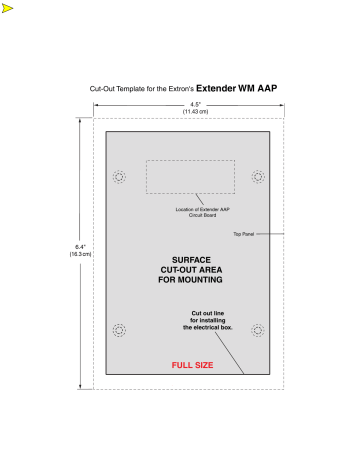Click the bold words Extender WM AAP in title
(x=236, y=88)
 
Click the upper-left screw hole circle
(x=120, y=177)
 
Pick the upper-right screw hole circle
(x=259, y=177)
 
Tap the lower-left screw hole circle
(x=120, y=331)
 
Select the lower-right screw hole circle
(x=259, y=331)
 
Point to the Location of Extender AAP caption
(x=195, y=208)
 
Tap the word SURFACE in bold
(x=190, y=260)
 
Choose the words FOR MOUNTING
(x=190, y=281)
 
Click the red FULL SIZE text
(x=192, y=365)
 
